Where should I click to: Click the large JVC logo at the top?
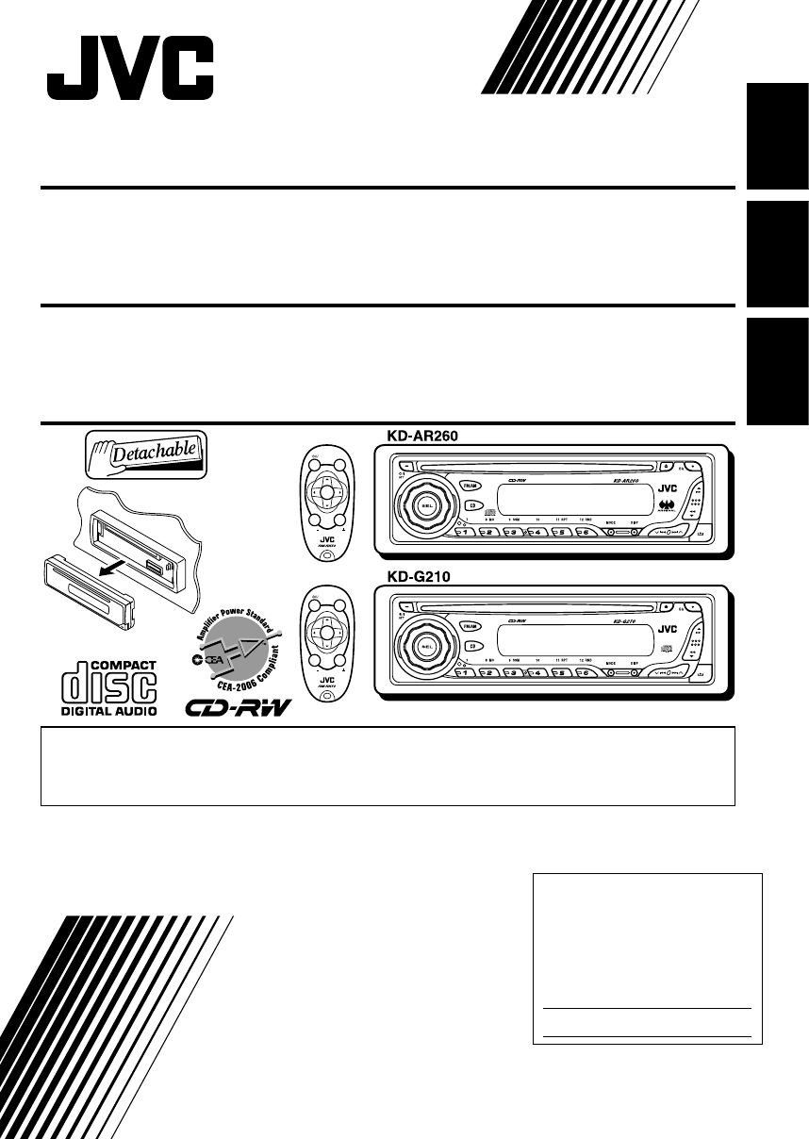131,68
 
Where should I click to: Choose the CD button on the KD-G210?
469,646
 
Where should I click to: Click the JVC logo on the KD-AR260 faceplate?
668,487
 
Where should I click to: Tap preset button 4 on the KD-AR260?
537,534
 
